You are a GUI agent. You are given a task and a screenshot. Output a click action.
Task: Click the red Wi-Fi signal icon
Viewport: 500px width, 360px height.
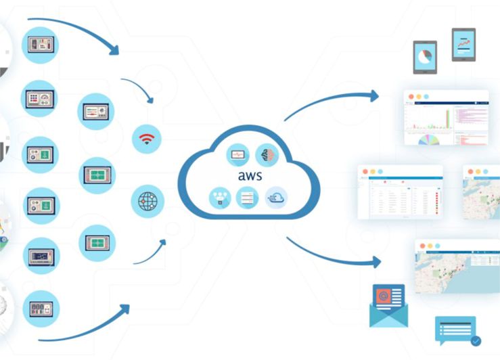[147, 139]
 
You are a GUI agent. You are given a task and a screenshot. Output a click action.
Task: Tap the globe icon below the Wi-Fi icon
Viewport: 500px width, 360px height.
[147, 201]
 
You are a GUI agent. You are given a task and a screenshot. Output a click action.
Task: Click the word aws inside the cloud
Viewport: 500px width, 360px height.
[250, 175]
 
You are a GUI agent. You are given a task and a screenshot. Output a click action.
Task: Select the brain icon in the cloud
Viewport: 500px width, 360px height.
[267, 155]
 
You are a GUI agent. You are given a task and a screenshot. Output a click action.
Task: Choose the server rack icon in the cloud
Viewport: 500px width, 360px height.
[248, 198]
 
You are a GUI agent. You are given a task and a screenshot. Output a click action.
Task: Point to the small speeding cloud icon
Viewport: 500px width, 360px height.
[276, 198]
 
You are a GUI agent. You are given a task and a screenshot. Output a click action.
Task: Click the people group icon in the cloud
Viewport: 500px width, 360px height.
[221, 198]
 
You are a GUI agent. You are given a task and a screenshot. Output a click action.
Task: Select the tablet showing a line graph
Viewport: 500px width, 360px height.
[463, 44]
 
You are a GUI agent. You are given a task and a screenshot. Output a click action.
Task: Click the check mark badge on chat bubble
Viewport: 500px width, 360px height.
[476, 340]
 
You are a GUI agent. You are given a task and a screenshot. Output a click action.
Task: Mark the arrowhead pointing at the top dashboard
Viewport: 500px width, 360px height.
[373, 96]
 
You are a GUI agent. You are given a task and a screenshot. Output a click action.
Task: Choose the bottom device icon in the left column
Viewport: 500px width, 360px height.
[41, 309]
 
